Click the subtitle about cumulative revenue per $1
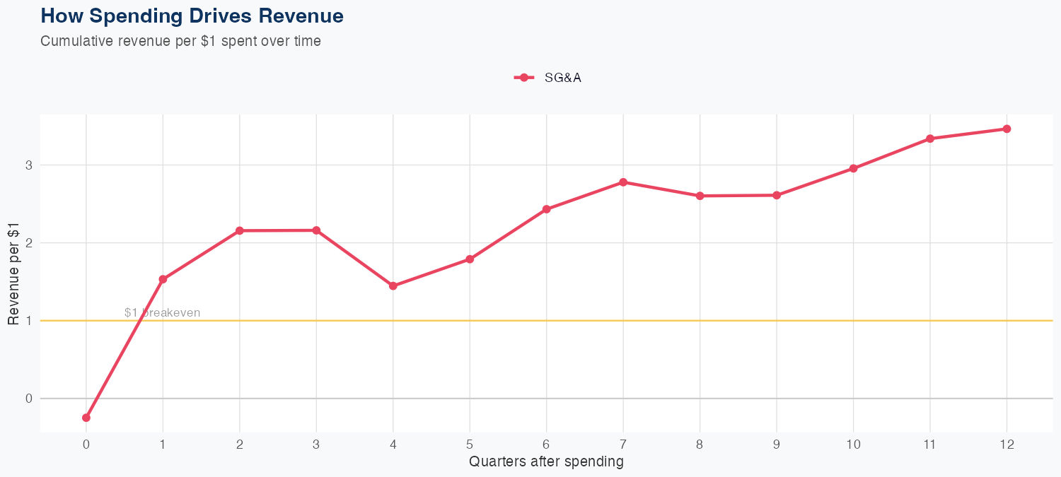pos(180,41)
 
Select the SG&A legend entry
pos(548,78)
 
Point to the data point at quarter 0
pos(86,418)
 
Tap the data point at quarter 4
pos(393,286)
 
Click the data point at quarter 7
pos(623,182)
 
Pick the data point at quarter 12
pos(1007,129)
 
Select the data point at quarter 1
pos(163,279)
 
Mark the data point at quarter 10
pos(853,168)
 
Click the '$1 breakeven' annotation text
pos(162,312)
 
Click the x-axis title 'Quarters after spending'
pos(546,462)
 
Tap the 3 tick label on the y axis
pos(30,165)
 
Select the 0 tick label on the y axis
pos(30,399)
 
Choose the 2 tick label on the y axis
pos(30,243)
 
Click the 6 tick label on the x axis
pos(546,444)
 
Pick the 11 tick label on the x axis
pos(929,444)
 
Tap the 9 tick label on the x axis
pos(776,444)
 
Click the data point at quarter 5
pos(470,259)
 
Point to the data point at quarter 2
pos(240,230)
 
